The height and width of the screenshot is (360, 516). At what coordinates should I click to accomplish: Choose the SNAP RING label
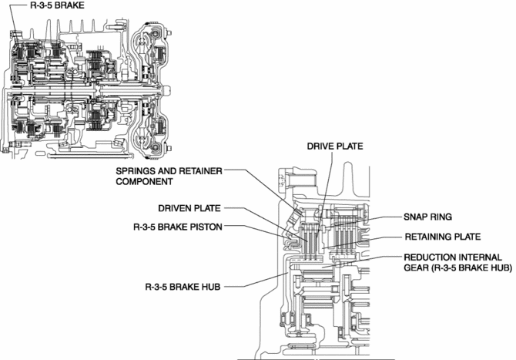coord(427,217)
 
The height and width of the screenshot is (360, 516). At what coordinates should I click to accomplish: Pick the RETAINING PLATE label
coord(441,237)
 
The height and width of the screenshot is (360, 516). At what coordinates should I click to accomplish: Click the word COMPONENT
coord(145,182)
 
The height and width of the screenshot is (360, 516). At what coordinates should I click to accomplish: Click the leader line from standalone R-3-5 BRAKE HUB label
coord(254,286)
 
